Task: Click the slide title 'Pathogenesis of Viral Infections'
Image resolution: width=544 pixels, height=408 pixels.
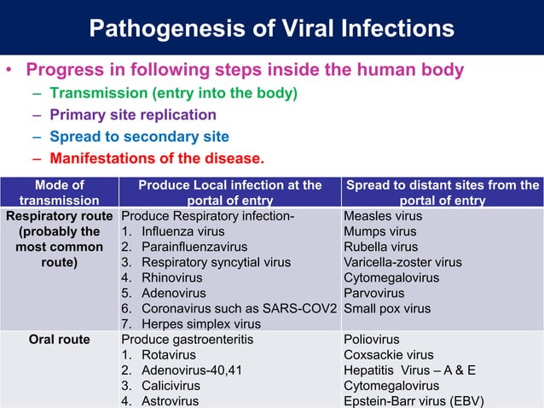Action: pos(272,28)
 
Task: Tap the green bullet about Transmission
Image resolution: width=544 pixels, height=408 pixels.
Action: pos(173,93)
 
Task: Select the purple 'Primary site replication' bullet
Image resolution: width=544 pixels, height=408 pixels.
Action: pos(132,114)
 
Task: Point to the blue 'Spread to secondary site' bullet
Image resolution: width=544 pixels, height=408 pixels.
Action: pos(139,137)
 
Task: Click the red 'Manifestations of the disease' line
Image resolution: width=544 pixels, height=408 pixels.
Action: pos(157,158)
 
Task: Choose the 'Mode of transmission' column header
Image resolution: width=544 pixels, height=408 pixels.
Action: pos(60,192)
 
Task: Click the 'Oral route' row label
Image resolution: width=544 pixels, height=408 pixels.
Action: pos(60,340)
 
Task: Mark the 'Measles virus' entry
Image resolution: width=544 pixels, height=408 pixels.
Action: pos(383,217)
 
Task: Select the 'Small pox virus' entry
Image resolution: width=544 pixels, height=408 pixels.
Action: pos(387,309)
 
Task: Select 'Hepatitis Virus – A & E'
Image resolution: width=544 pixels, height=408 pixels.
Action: pos(411,370)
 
